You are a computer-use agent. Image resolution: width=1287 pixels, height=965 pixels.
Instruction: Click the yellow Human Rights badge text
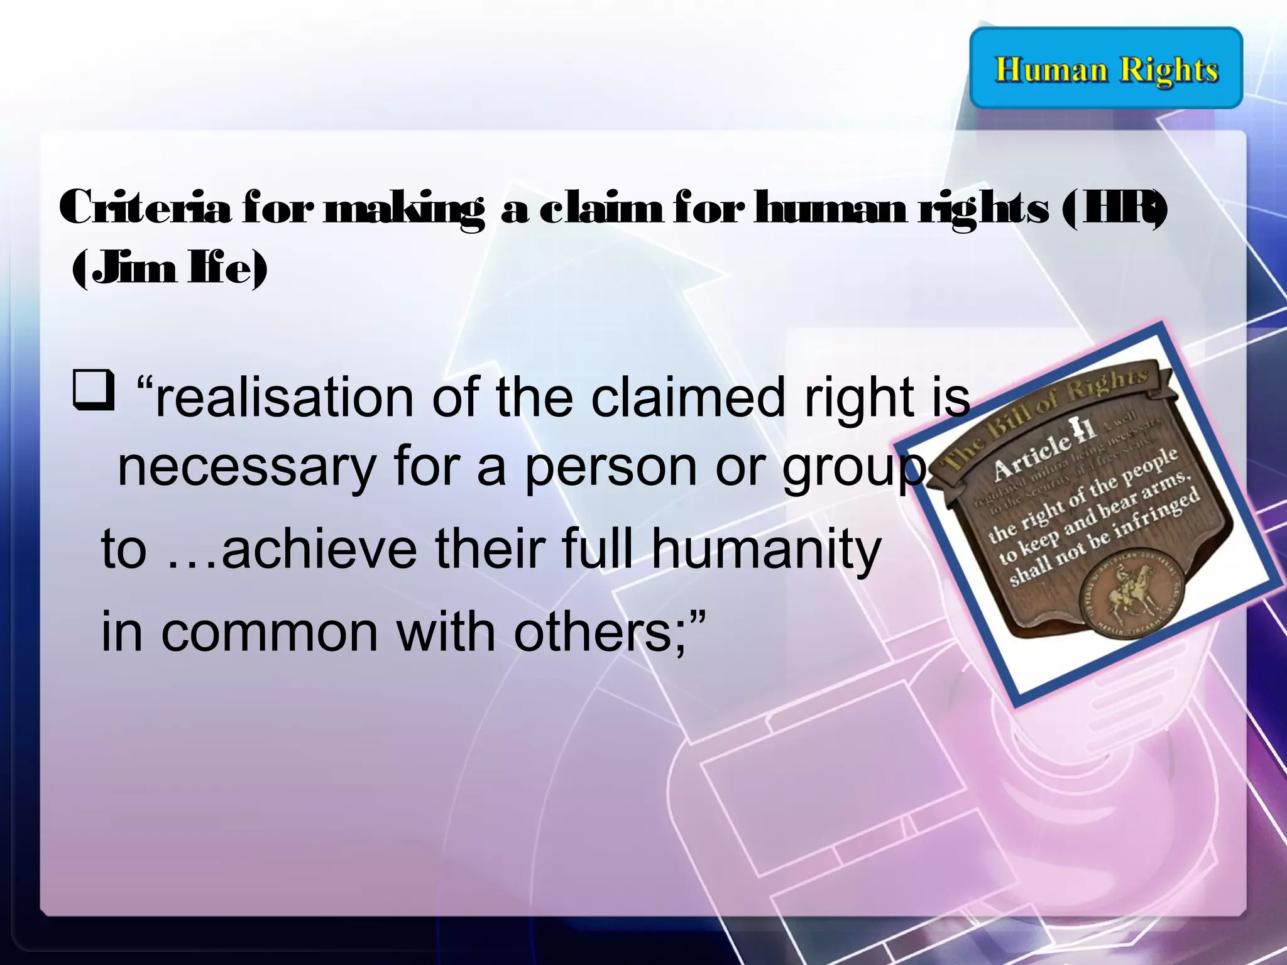1106,69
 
